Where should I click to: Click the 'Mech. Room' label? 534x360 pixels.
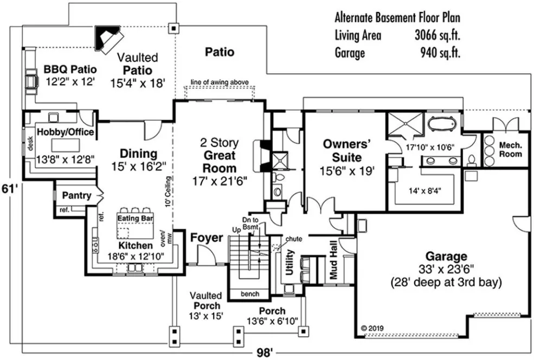[x=510, y=150]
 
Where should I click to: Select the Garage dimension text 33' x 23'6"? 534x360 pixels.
[x=446, y=269]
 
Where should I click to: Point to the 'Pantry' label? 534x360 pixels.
[x=76, y=195]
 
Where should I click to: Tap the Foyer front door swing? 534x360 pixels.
[x=204, y=254]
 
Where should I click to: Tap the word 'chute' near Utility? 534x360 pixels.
[x=294, y=239]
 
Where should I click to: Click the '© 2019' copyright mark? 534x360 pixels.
[x=372, y=328]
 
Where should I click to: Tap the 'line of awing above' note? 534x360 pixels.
[x=220, y=82]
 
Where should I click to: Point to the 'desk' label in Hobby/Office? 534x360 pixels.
[x=31, y=143]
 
